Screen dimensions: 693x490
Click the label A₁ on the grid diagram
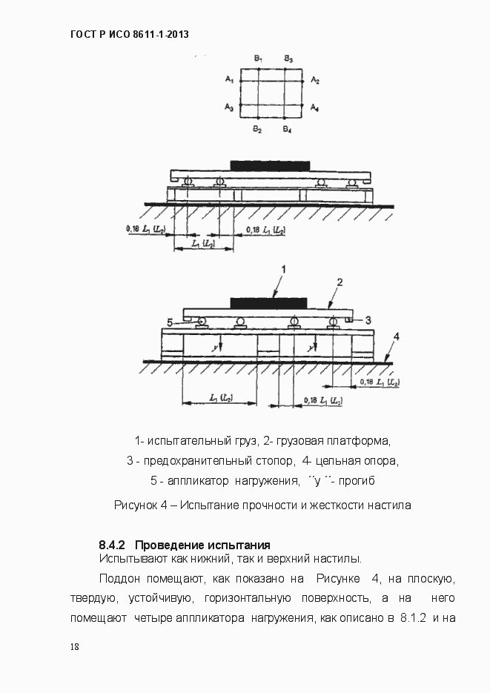tap(229, 79)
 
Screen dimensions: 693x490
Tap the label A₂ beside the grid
tap(315, 79)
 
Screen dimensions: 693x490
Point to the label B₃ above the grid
tap(288, 58)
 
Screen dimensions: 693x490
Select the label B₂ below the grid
tap(256, 130)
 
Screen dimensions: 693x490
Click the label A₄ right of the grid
tap(315, 108)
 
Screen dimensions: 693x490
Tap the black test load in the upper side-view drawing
tap(271, 165)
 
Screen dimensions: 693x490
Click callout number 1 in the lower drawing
tap(283, 268)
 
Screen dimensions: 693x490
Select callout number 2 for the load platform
tap(340, 282)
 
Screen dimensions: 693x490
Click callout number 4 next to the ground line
tap(397, 336)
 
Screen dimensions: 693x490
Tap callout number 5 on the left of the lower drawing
tap(170, 322)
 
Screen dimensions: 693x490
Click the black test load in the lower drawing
tap(268, 302)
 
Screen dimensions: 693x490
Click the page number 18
tap(75, 646)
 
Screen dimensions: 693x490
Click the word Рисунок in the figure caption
tap(136, 505)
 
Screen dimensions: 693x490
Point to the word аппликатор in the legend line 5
tap(193, 481)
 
